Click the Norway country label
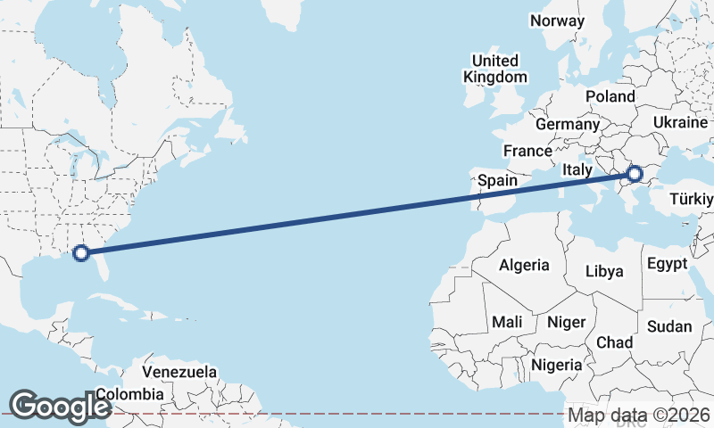click(x=557, y=21)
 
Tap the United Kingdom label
click(x=495, y=69)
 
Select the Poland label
click(x=610, y=96)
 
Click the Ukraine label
click(x=680, y=121)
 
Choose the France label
click(x=527, y=151)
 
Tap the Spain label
click(x=497, y=180)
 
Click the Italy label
click(x=578, y=169)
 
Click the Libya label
click(x=605, y=271)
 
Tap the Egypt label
click(x=667, y=263)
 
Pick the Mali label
click(x=507, y=321)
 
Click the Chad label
click(x=615, y=342)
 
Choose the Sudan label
click(x=668, y=326)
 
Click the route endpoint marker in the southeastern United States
click(x=81, y=252)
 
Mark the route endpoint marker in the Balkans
click(x=635, y=174)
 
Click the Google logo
click(x=60, y=406)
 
